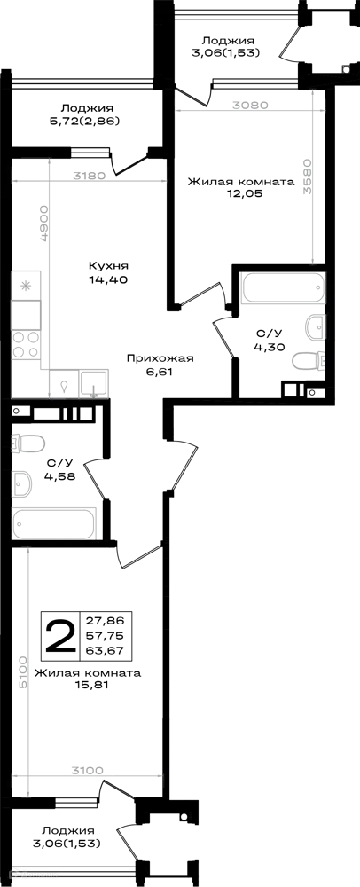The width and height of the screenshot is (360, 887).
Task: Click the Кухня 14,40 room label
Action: coord(108,272)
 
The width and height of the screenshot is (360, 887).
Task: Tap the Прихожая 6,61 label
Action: coord(160,365)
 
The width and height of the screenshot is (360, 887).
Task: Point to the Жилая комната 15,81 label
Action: coord(88,679)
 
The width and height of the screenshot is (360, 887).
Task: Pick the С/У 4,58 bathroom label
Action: coord(59,467)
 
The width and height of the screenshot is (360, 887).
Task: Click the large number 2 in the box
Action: coord(60,636)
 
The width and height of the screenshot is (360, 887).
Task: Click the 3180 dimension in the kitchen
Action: coord(90,176)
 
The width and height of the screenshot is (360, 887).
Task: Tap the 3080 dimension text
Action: coord(249,105)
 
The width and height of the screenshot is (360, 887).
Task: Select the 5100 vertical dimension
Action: coord(21,671)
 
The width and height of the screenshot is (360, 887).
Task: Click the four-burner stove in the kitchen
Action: coord(27,344)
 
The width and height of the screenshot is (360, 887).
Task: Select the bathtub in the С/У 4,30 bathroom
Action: coord(283,288)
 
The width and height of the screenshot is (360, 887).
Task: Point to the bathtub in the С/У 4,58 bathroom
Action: coord(54,523)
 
